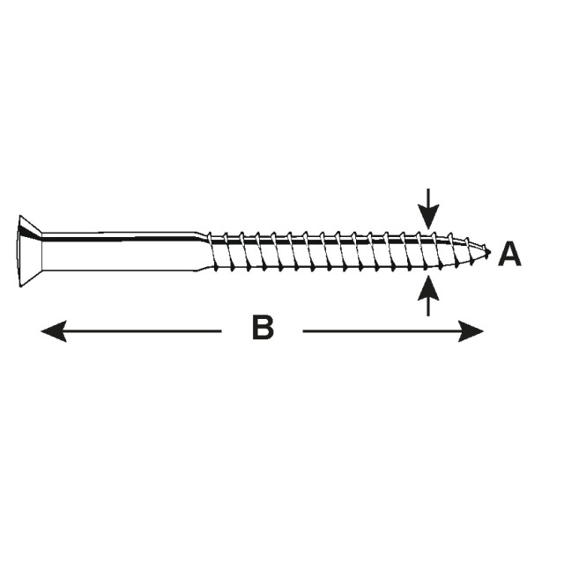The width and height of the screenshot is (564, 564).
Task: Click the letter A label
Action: [509, 254]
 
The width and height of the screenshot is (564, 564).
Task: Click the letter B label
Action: [263, 327]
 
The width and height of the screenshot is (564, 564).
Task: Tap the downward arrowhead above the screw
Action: [428, 217]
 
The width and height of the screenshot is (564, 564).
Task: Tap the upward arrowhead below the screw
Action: [428, 287]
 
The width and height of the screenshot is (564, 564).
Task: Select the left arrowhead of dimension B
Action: [54, 331]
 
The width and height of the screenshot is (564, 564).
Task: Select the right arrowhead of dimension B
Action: [471, 331]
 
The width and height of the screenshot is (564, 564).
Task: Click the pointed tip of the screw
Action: [489, 252]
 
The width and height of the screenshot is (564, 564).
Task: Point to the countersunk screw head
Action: [30, 251]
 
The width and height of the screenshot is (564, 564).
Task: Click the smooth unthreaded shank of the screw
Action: [119, 251]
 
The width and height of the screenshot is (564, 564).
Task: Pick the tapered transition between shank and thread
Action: [203, 251]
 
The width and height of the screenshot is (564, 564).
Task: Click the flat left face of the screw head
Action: [19, 251]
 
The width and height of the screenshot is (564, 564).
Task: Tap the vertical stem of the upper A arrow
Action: [428, 197]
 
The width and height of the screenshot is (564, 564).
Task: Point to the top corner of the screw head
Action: [20, 216]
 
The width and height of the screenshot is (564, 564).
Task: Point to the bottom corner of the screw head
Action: [20, 287]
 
